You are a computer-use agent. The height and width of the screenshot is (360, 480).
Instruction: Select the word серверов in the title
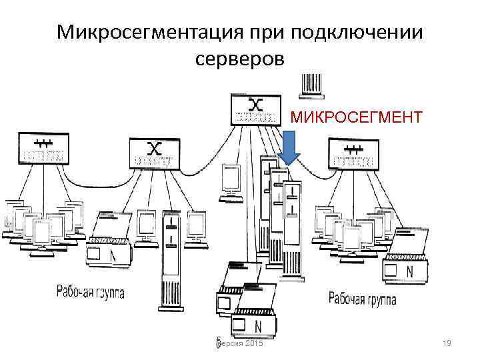pyautogui.click(x=240, y=59)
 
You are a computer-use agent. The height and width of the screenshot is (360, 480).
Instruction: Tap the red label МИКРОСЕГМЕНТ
pyautogui.click(x=356, y=118)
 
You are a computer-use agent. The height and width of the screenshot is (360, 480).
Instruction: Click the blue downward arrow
pyautogui.click(x=289, y=147)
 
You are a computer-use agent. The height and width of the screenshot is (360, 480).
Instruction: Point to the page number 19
pyautogui.click(x=447, y=343)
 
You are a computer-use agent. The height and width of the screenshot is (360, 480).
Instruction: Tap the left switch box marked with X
pyautogui.click(x=154, y=154)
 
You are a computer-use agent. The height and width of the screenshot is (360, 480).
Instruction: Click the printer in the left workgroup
pyautogui.click(x=110, y=240)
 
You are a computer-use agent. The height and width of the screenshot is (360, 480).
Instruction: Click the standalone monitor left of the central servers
pyautogui.click(x=231, y=181)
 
